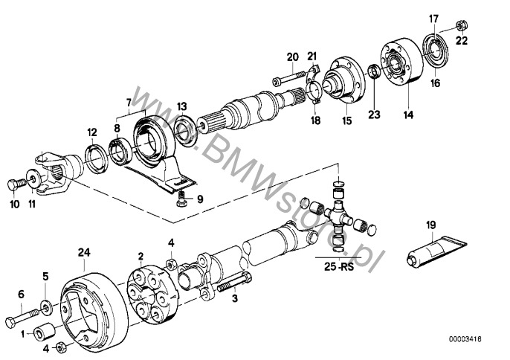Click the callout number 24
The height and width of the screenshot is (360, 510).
tap(83, 253)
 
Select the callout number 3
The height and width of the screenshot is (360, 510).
tap(235, 299)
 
